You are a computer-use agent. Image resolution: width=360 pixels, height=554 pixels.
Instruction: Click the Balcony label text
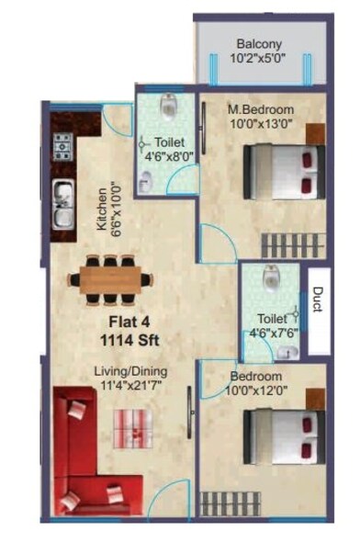point(259,43)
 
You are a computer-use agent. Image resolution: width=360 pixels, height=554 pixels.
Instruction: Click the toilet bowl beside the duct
point(271,277)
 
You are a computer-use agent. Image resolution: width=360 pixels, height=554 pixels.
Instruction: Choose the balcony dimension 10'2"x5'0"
point(259,58)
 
